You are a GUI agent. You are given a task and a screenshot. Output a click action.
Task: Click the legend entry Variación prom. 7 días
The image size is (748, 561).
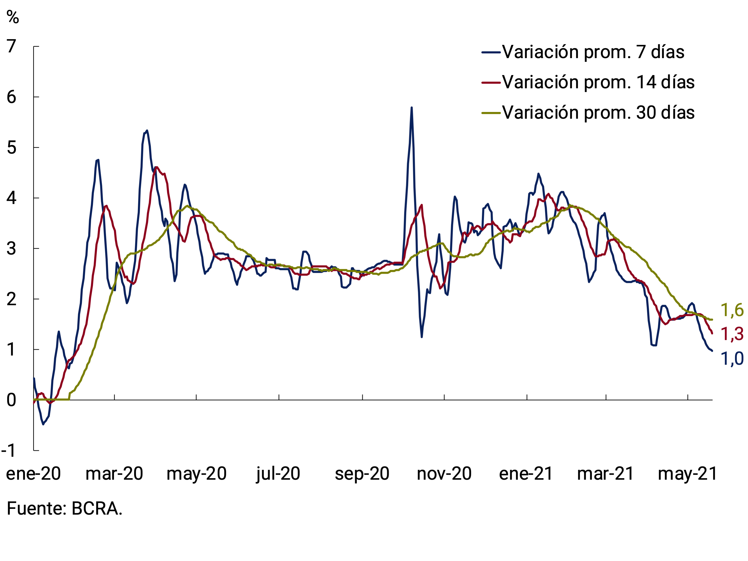(593, 52)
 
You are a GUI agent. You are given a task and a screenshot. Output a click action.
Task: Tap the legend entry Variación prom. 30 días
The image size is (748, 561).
(598, 112)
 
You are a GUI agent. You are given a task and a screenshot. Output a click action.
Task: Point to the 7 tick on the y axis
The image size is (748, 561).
(11, 46)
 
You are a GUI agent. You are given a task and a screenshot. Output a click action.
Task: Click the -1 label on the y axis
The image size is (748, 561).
(9, 451)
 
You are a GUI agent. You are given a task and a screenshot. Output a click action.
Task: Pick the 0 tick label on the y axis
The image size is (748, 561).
(11, 400)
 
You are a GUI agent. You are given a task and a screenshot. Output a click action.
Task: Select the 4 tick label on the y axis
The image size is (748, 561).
(11, 198)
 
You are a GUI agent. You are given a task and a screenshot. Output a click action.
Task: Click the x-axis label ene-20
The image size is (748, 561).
(33, 473)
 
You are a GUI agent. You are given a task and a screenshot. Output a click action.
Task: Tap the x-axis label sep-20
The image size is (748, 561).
(362, 473)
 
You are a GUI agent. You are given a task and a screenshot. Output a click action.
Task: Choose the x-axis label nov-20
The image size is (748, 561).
(444, 473)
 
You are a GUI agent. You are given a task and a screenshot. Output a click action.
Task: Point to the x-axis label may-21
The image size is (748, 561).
(687, 473)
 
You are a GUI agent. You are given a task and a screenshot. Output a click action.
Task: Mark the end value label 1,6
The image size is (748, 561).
(732, 310)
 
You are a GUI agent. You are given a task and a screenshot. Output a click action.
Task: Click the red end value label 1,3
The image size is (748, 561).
(732, 334)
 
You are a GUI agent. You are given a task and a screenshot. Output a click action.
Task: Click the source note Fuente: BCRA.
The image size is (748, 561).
(64, 509)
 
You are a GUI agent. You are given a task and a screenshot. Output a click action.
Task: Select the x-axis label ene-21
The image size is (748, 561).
(526, 473)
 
